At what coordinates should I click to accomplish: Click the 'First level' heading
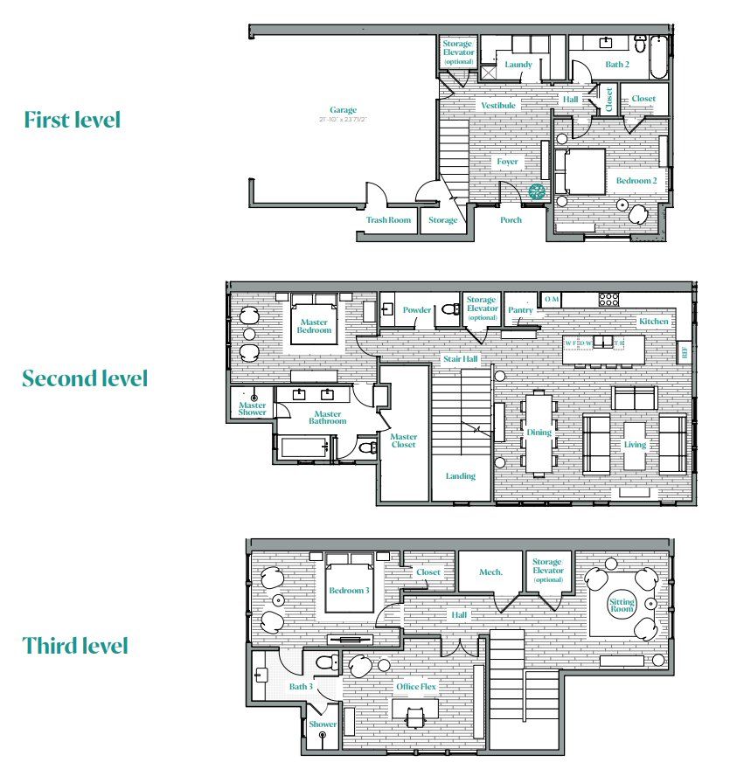point(72,120)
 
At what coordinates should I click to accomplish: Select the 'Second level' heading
point(85,378)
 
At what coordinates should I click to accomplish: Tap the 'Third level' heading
point(75,646)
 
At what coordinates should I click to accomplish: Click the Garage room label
point(343,110)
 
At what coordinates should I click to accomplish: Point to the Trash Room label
point(388,220)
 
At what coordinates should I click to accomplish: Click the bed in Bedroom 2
point(583,171)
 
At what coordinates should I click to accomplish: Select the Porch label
point(511,220)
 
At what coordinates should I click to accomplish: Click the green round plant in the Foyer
point(537,191)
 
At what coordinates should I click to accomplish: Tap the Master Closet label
point(403,440)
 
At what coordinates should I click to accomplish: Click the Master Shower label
point(253,409)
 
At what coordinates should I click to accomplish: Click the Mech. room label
point(490,572)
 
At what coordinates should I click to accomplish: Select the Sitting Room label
point(622,606)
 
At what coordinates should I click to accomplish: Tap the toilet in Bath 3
point(326,662)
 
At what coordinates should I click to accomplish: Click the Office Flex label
point(415,687)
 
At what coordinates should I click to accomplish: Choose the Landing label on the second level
point(460,476)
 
